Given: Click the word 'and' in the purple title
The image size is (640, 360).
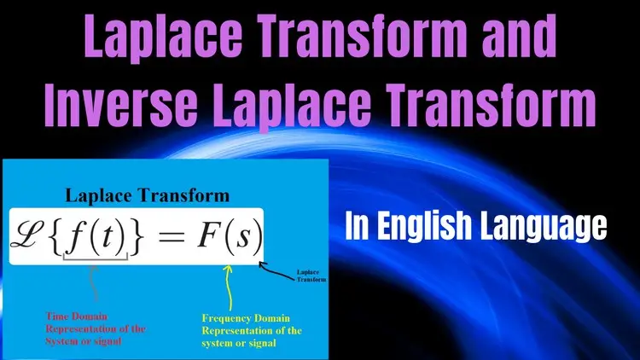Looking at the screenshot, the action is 519,37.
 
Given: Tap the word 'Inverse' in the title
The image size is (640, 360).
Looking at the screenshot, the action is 121,105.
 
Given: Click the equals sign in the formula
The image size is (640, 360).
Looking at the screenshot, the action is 171,236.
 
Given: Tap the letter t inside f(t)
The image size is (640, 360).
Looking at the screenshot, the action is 107,237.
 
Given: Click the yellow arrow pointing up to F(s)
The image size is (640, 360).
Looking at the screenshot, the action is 229,287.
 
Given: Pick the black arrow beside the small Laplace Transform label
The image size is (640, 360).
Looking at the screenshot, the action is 276,270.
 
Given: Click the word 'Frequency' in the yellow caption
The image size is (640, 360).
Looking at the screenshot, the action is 226,319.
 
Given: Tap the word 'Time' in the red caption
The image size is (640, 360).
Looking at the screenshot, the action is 55,316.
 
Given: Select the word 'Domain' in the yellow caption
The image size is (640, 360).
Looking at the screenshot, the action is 272,318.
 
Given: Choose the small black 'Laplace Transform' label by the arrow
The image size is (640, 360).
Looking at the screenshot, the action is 311,276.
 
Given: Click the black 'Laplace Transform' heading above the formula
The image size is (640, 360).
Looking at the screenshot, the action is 148,195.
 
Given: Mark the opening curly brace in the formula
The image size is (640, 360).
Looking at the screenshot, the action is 56,236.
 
